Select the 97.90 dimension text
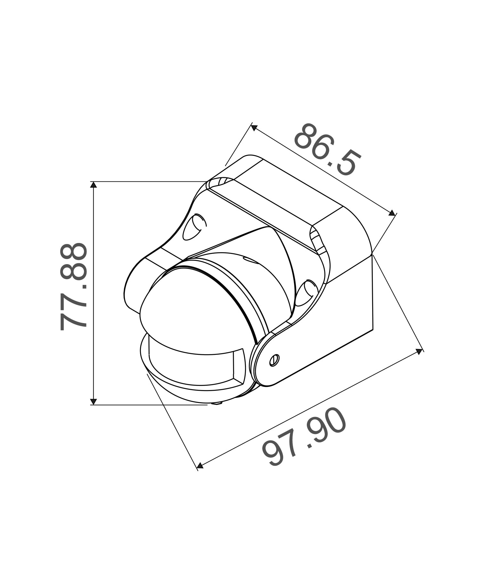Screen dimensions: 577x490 pos(304,437)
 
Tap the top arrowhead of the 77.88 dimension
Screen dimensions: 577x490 pos(94,185)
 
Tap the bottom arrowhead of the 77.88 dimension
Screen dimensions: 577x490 pos(94,401)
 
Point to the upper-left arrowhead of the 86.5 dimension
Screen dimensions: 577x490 pos(254,128)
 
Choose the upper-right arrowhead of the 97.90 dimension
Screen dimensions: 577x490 pos(419,352)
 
